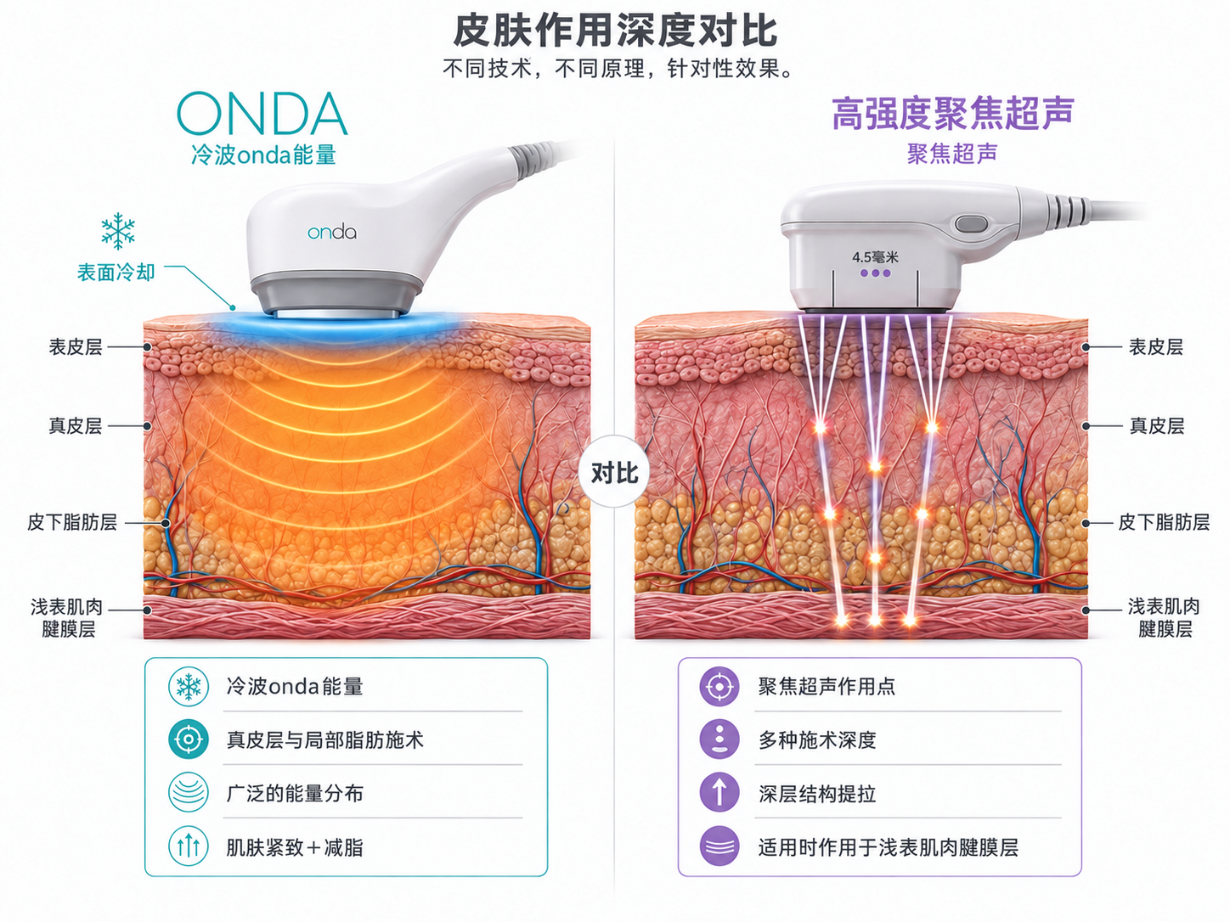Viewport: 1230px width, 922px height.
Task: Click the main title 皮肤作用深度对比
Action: [615, 31]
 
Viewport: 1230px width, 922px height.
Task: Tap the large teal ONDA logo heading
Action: [262, 115]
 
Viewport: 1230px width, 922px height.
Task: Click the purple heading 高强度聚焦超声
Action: [952, 114]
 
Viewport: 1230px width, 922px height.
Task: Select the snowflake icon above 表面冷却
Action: [118, 231]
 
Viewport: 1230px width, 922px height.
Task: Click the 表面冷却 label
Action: [116, 273]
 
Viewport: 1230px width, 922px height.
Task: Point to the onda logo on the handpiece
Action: [332, 233]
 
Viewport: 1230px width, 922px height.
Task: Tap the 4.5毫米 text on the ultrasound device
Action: [875, 257]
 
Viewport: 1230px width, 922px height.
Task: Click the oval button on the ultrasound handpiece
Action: [971, 224]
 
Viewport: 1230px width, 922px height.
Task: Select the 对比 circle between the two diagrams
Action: [615, 472]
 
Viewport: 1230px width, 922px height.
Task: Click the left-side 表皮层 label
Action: [76, 347]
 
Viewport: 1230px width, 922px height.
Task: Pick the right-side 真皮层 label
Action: [1157, 426]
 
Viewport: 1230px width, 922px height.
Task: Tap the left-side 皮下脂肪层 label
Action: [72, 523]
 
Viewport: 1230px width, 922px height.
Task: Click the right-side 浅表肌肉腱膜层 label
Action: [1164, 617]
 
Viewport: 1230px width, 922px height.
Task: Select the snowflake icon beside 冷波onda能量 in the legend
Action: [189, 686]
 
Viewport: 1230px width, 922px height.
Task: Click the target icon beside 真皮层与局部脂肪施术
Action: [189, 739]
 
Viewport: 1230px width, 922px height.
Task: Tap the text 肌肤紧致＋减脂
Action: [294, 847]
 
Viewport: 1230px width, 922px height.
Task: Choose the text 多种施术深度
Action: [817, 740]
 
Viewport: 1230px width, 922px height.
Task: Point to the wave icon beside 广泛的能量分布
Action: [189, 793]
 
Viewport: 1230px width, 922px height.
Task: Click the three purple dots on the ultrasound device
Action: [875, 273]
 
